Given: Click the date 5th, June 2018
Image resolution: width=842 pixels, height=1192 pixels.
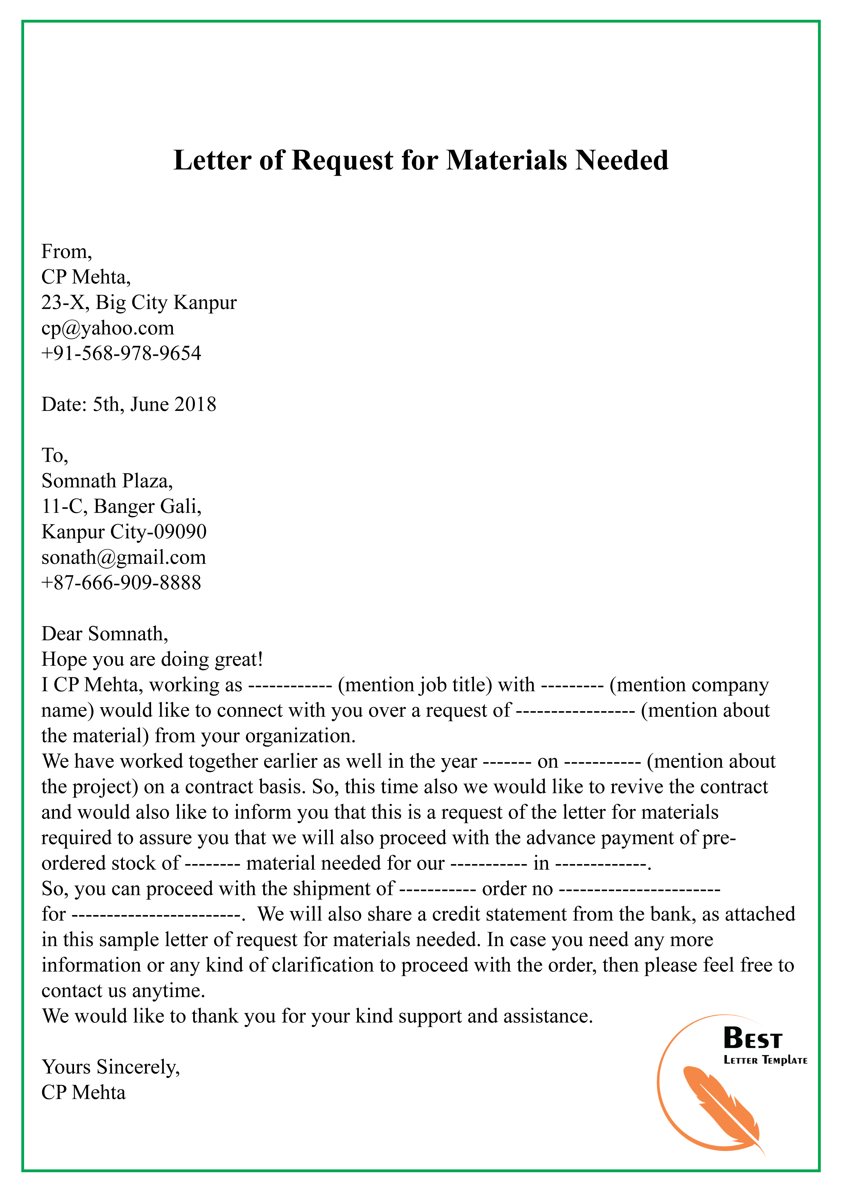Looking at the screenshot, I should tap(154, 404).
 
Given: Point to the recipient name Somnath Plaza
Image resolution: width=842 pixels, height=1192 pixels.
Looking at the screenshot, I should tap(107, 481).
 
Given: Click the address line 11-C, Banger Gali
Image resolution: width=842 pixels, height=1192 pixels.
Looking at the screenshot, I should tap(122, 507).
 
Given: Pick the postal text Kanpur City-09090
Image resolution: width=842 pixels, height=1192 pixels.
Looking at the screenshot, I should tap(124, 532).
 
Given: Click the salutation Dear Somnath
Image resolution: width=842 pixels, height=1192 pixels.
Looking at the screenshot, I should tap(105, 634).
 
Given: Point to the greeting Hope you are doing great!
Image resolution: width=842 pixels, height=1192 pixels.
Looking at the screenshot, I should tap(152, 659).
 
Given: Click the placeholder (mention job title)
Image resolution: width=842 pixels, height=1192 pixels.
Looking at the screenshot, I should tap(415, 685).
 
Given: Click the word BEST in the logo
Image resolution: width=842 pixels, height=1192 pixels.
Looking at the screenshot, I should tap(752, 1039).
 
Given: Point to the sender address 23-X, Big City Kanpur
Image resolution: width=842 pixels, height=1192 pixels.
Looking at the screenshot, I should tap(139, 303).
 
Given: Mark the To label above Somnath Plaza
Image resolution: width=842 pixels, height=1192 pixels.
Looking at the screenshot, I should tap(54, 456).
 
